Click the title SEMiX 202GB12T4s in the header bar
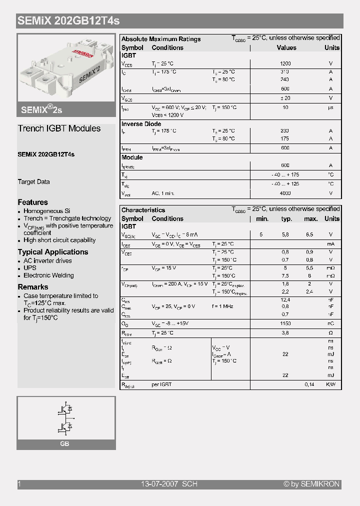coord(68,21)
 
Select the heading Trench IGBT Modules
coord(59,128)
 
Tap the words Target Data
coord(33,182)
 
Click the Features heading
coord(33,202)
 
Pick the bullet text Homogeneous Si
coord(47,211)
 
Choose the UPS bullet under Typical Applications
coord(29,268)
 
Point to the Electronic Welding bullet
coord(48,275)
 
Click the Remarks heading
coord(33,287)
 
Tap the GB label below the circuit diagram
coord(64,444)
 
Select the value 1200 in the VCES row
coord(285,64)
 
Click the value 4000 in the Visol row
coord(285,193)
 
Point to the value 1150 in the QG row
coord(285,323)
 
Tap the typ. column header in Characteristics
coord(286,219)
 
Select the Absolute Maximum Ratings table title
coord(161,39)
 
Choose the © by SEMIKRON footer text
coord(311,484)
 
